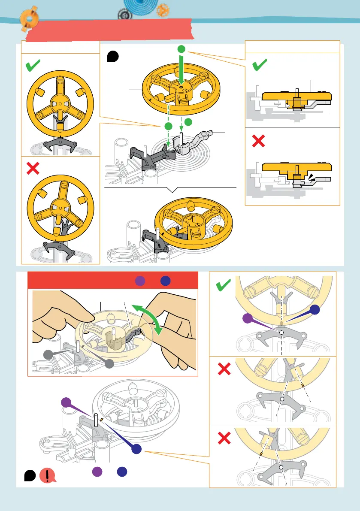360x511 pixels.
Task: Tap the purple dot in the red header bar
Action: (139, 281)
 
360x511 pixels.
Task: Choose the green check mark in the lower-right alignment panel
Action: (224, 285)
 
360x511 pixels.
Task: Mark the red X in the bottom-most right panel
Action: (224, 438)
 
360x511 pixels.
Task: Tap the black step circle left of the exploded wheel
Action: (112, 56)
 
